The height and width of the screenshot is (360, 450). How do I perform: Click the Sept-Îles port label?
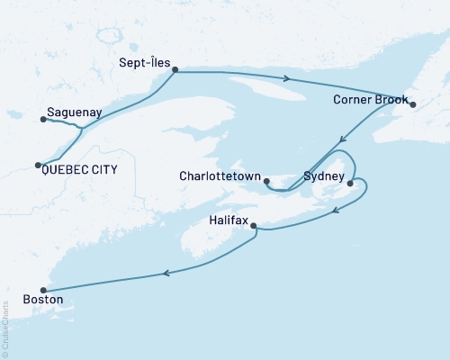tap(145, 64)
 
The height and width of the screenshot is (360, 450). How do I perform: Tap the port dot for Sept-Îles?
tap(175, 69)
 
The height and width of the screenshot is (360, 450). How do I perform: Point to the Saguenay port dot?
tap(42, 118)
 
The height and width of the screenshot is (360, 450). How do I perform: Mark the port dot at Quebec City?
tap(38, 165)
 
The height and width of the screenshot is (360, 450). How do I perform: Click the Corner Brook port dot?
tap(412, 105)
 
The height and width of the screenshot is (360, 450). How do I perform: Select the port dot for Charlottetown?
tap(266, 182)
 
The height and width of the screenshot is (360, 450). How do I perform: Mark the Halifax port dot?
tap(254, 226)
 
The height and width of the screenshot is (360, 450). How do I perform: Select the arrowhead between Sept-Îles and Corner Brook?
tap(286, 78)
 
